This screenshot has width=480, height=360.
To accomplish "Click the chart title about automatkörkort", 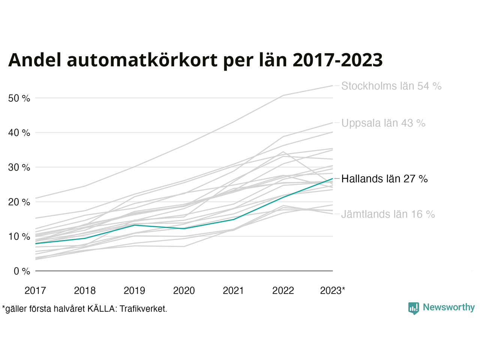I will (195, 60).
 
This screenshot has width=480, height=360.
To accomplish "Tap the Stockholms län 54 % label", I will (391, 86).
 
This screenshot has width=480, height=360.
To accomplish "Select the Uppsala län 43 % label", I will (383, 123).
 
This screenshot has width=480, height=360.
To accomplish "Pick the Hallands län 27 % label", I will (384, 179).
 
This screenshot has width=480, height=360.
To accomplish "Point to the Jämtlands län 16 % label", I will (388, 214).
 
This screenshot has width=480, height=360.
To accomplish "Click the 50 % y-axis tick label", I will (19, 98).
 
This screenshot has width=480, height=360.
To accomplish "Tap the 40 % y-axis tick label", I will (19, 133).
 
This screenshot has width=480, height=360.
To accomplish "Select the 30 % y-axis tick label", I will (19, 167).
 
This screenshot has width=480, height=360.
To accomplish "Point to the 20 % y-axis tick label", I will (19, 202).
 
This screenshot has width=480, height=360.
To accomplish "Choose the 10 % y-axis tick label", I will (19, 237).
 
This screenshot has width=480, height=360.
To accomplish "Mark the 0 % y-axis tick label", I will (22, 271).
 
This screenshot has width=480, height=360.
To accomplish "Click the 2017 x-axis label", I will (35, 291).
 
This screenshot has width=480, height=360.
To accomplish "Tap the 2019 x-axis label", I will (134, 291).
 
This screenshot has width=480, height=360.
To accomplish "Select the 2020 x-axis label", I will (184, 291).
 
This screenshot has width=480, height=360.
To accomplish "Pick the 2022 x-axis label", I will (283, 291).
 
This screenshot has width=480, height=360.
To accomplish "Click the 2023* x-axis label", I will (333, 291).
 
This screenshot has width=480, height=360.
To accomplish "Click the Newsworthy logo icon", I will (414, 308).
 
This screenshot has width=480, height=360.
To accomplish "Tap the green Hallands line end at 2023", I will (332, 179).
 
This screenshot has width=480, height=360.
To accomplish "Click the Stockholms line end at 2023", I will (332, 86).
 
